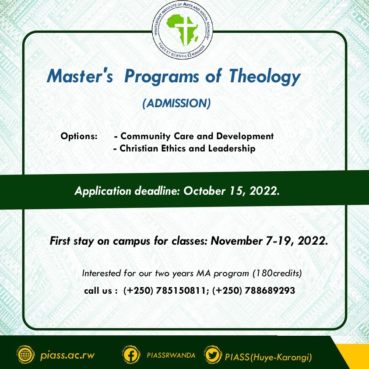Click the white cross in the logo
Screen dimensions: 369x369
point(186,30)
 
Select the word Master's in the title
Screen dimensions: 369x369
point(80,76)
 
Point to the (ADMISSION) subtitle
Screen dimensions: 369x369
point(176,103)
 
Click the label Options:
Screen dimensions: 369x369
point(79,136)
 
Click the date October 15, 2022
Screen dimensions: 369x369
point(232,191)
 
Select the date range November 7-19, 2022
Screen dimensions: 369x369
point(269,241)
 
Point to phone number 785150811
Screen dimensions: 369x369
point(180,291)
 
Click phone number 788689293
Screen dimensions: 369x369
point(270,291)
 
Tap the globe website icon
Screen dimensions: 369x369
point(25,355)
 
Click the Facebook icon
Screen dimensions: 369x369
point(131,355)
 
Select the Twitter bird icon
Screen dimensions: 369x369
point(213,355)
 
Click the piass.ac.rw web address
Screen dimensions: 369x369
point(67,355)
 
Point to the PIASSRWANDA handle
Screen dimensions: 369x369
point(171,355)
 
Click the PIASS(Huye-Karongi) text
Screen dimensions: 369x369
point(268,357)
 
